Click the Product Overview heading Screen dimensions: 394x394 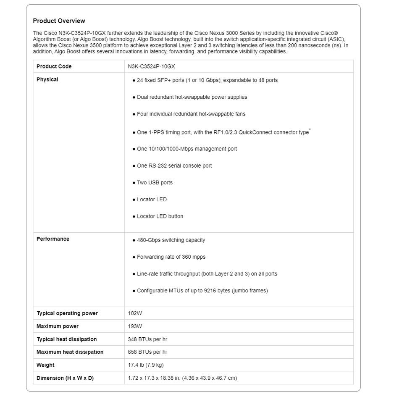[x=59, y=21]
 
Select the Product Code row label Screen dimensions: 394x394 [x=54, y=66]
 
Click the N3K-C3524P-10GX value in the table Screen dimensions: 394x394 [x=151, y=66]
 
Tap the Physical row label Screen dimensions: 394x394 [x=47, y=79]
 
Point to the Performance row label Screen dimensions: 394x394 [x=53, y=239]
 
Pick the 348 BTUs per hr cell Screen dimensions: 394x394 [x=147, y=339]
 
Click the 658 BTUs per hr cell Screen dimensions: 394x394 [x=147, y=352]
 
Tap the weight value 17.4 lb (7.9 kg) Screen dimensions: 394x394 [x=146, y=365]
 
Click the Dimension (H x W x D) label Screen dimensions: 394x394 [x=65, y=378]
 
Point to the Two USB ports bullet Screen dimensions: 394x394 [x=155, y=183]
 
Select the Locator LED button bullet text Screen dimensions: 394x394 [x=160, y=216]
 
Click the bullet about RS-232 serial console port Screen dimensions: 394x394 [x=174, y=166]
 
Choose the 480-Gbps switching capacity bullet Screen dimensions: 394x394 [x=171, y=240]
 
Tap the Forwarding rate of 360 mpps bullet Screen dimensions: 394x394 [x=171, y=257]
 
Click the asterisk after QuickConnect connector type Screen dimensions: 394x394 [x=310, y=130]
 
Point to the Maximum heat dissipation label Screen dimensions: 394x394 [x=70, y=352]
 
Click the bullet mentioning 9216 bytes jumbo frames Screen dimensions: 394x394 [x=202, y=291]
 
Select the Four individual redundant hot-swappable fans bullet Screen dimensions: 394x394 [x=191, y=114]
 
